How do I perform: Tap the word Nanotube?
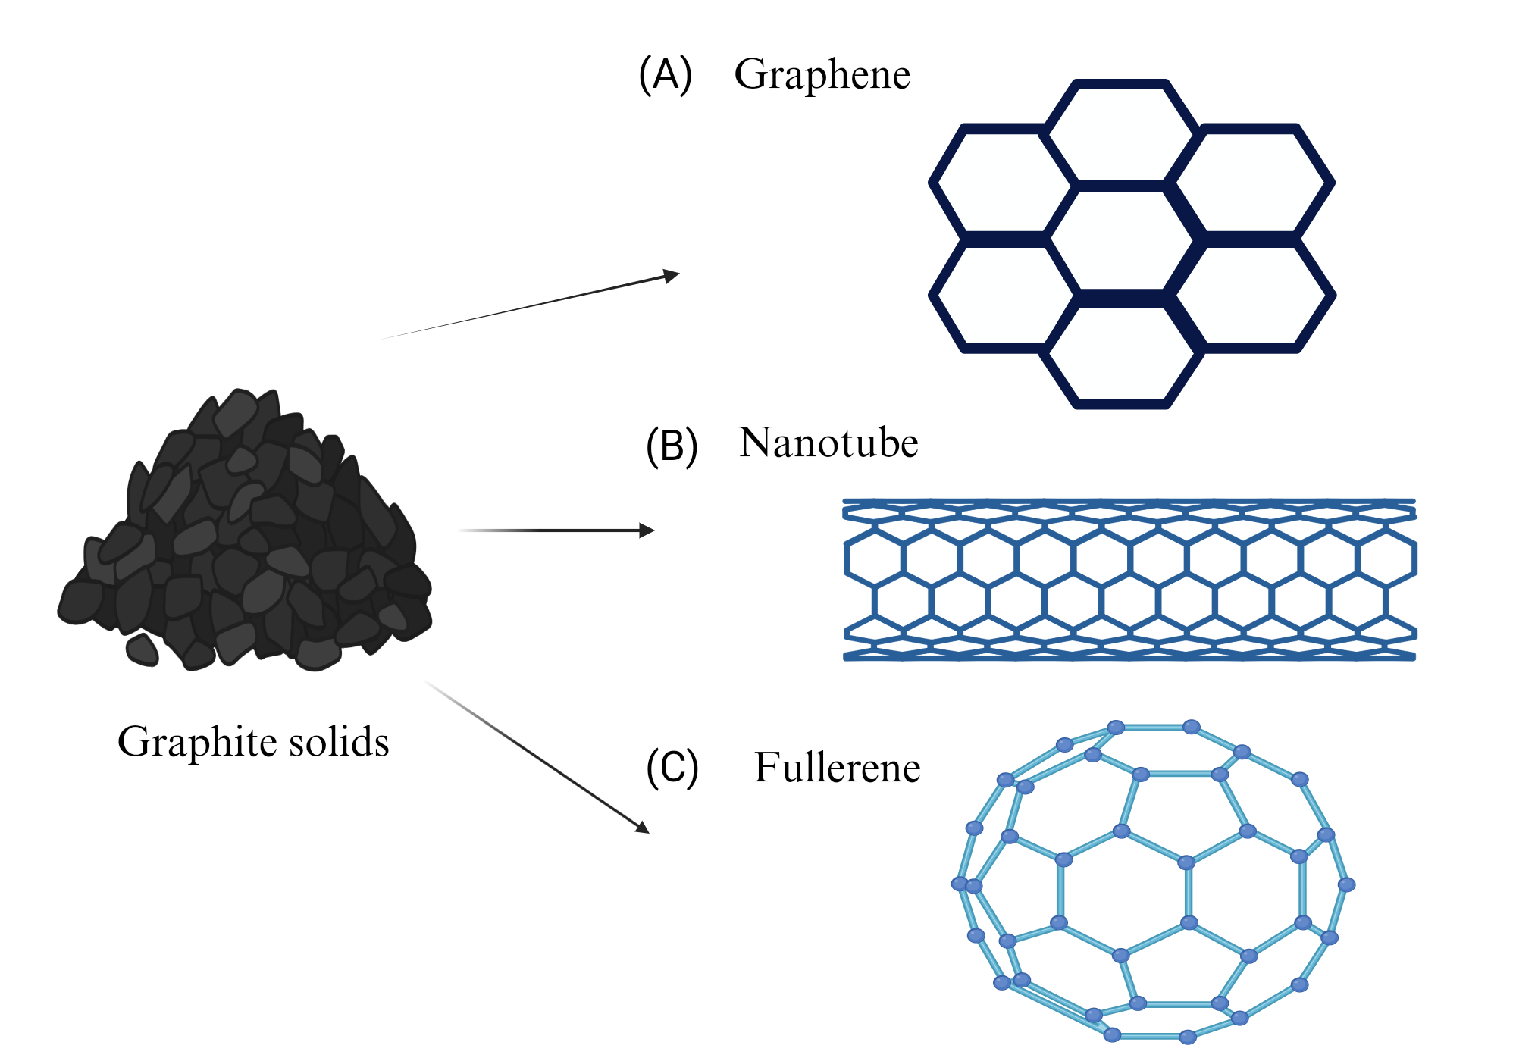tap(828, 443)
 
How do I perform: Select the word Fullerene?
tap(838, 768)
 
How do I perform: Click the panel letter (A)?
tap(666, 75)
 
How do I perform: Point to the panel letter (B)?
tap(672, 446)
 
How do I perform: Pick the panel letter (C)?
tap(672, 768)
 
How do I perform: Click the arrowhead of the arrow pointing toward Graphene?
tap(672, 275)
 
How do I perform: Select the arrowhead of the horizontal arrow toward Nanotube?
tap(647, 530)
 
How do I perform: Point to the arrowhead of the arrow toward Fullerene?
tap(643, 828)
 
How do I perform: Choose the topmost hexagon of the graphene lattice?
tap(1120, 133)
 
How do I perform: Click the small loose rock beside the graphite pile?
tap(142, 650)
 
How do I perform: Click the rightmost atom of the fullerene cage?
tap(1346, 884)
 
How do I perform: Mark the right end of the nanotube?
tap(1414, 580)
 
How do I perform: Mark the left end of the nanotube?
tap(845, 580)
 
